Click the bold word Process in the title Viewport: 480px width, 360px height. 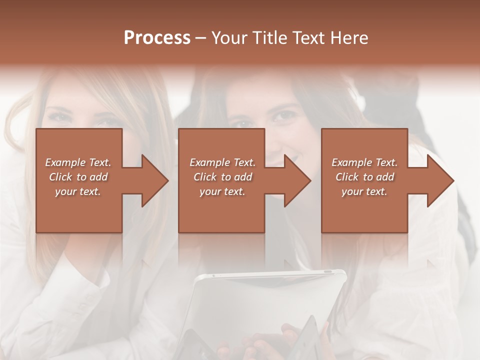[x=157, y=38]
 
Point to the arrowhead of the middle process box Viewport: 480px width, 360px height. [x=296, y=180]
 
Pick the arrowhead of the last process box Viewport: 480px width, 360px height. [x=439, y=180]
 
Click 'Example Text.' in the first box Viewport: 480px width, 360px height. [x=78, y=162]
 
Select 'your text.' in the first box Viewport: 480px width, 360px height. [x=78, y=191]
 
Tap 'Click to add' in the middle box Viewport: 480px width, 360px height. [x=222, y=177]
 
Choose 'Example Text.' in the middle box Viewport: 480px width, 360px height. [x=222, y=162]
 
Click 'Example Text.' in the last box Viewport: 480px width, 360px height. [x=364, y=162]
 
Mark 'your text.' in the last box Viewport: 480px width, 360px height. [x=364, y=191]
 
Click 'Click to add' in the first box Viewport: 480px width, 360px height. [x=78, y=177]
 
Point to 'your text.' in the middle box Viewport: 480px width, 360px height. [x=222, y=191]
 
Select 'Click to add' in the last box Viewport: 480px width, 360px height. [x=364, y=177]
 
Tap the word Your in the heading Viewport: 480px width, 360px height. [x=228, y=38]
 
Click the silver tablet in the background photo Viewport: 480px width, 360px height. [x=270, y=300]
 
